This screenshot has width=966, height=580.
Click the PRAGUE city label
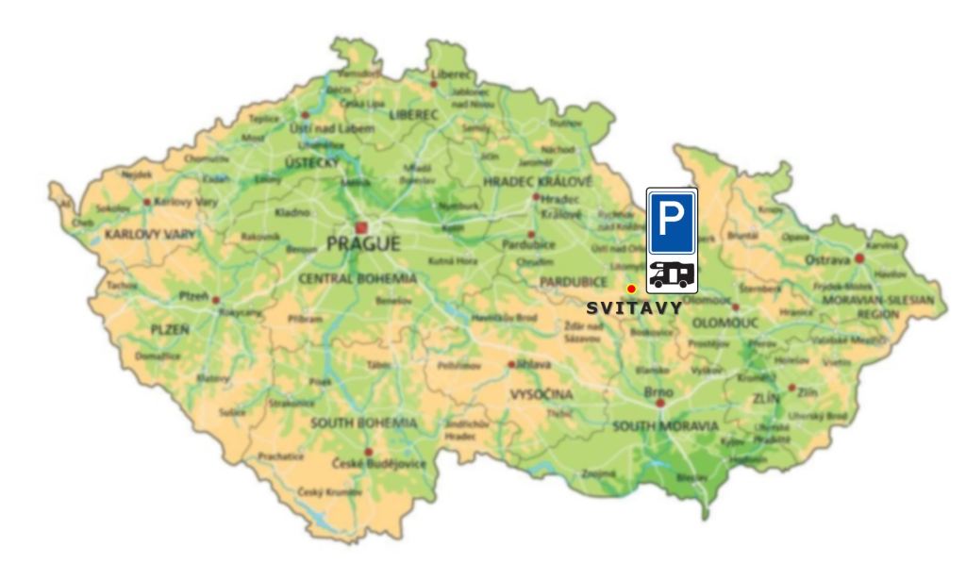[x=363, y=244]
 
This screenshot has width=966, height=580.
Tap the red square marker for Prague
[x=361, y=226]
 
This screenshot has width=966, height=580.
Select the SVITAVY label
[x=634, y=307]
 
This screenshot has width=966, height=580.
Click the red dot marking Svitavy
[x=630, y=289]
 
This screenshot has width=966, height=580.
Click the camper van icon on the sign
[x=672, y=274]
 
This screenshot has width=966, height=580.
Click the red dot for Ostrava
[x=859, y=257]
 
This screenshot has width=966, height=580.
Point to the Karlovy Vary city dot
[x=147, y=202]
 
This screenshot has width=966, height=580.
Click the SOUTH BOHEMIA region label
[x=363, y=423]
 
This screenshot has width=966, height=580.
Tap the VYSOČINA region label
[x=541, y=395]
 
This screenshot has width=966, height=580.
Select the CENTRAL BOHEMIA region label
[x=357, y=279]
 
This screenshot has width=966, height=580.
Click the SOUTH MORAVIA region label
[x=665, y=427]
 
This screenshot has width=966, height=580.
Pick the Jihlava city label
[x=532, y=363]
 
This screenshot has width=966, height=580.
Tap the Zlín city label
[x=807, y=390]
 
